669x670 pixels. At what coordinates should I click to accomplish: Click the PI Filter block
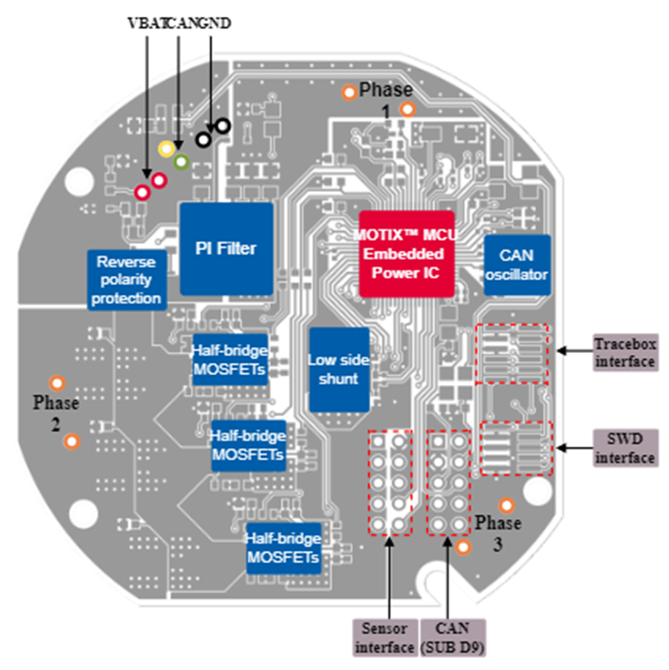click(x=227, y=249)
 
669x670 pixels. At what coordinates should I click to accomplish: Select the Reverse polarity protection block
click(x=126, y=280)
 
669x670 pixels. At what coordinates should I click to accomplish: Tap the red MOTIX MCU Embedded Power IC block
click(x=407, y=254)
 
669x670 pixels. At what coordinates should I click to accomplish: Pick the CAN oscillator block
click(x=516, y=265)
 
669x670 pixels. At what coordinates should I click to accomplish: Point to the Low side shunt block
click(x=339, y=370)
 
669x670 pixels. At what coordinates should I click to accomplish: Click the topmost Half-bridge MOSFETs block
click(x=229, y=360)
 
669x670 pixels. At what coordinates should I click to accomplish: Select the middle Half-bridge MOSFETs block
click(x=248, y=445)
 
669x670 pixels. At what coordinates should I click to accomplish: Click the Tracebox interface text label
click(x=625, y=353)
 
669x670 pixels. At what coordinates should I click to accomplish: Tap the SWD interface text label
click(x=625, y=449)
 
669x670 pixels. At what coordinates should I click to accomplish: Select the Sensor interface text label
click(x=385, y=637)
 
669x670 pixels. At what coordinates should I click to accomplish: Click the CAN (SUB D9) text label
click(x=452, y=637)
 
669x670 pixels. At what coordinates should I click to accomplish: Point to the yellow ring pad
click(x=165, y=148)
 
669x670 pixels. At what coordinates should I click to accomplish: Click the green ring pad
click(x=181, y=161)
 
